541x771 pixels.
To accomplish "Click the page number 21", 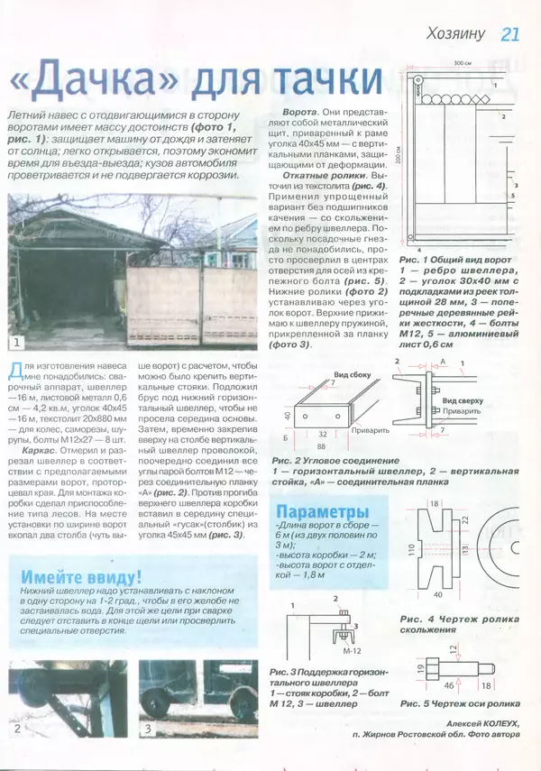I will click(x=510, y=34).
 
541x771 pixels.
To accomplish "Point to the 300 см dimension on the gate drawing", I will click(x=463, y=64).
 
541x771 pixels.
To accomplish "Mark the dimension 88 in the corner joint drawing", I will click(x=320, y=445).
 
